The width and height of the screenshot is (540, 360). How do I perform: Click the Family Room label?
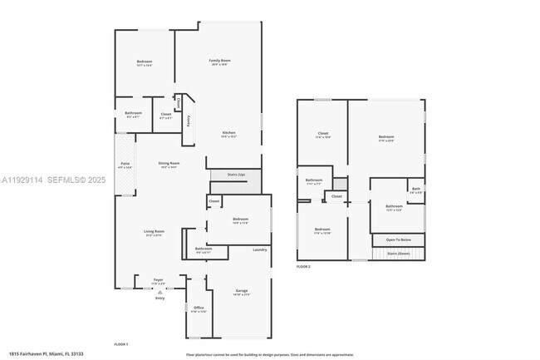tap(219, 61)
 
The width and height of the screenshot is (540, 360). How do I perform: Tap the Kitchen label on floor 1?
tap(228, 133)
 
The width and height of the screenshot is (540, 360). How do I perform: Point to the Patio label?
tap(125, 165)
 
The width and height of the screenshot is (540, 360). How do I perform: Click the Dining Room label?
tap(169, 164)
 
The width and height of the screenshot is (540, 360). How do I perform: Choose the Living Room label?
tap(155, 232)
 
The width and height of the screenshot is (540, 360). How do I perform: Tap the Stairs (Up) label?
tap(236, 175)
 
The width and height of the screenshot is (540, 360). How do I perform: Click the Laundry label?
tap(259, 249)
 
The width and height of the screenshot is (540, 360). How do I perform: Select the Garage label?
tap(241, 291)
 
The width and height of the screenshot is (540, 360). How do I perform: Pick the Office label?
tap(199, 308)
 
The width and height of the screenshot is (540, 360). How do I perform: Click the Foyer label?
tap(159, 280)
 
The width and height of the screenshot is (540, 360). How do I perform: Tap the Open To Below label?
tap(402, 240)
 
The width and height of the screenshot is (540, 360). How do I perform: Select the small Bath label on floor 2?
tap(416, 190)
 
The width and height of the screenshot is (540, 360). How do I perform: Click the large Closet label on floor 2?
tap(323, 134)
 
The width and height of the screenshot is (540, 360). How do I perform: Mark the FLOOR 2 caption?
tap(303, 267)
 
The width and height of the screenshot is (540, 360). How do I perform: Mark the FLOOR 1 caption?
tap(120, 343)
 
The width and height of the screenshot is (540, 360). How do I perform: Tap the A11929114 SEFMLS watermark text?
tap(49, 179)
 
